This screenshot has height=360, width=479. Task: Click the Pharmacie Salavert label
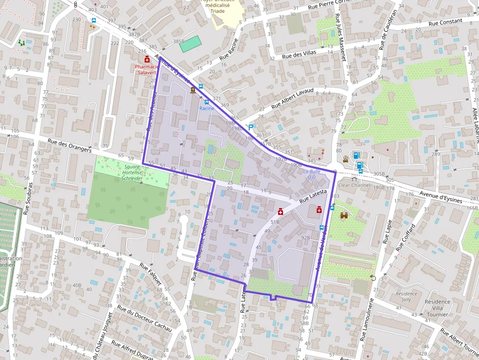tap(147, 69)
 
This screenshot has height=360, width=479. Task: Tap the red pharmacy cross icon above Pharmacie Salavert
tap(147, 60)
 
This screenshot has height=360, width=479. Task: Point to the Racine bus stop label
tap(207, 108)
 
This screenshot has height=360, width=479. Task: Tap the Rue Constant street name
tap(445, 22)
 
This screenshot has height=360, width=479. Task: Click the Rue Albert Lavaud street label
tap(292, 97)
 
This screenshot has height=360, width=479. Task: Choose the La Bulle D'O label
tap(312, 174)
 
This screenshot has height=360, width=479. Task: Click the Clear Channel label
tap(354, 186)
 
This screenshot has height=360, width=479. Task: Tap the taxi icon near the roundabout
tap(346, 158)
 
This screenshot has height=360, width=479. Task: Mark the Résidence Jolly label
tap(407, 296)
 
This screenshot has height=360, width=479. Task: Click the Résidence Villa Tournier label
tap(437, 308)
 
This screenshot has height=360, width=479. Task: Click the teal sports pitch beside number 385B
tap(190, 44)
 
